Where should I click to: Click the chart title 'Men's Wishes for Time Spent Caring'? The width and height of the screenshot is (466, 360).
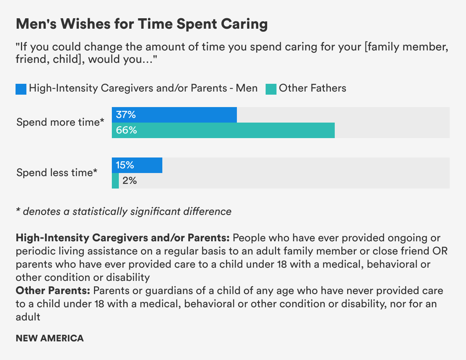pos(142,24)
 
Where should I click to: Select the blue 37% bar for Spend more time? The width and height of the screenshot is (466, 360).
pos(183,115)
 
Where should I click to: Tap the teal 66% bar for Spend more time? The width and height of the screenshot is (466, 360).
pos(233,130)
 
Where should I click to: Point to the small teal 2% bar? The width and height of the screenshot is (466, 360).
pos(115,181)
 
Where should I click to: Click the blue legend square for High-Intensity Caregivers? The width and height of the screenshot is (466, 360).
pos(21,89)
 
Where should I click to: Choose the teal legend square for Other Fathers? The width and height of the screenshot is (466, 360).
pos(271,89)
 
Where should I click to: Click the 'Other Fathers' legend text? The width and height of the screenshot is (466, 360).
pos(313,88)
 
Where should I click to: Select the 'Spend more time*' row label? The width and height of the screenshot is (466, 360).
pos(60,122)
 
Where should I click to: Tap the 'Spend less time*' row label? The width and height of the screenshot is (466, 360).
pos(57,173)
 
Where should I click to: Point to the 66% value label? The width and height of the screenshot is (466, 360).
pos(127,130)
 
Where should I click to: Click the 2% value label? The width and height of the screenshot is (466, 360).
pos(129,181)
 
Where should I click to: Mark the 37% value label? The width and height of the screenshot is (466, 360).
pos(126,115)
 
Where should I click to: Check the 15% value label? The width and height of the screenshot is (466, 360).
pos(125,165)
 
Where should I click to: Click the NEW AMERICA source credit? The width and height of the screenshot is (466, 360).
pos(50,338)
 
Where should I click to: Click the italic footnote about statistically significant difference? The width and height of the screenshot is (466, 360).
pos(123,211)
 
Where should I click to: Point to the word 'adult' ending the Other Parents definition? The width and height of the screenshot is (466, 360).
pos(28,317)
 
